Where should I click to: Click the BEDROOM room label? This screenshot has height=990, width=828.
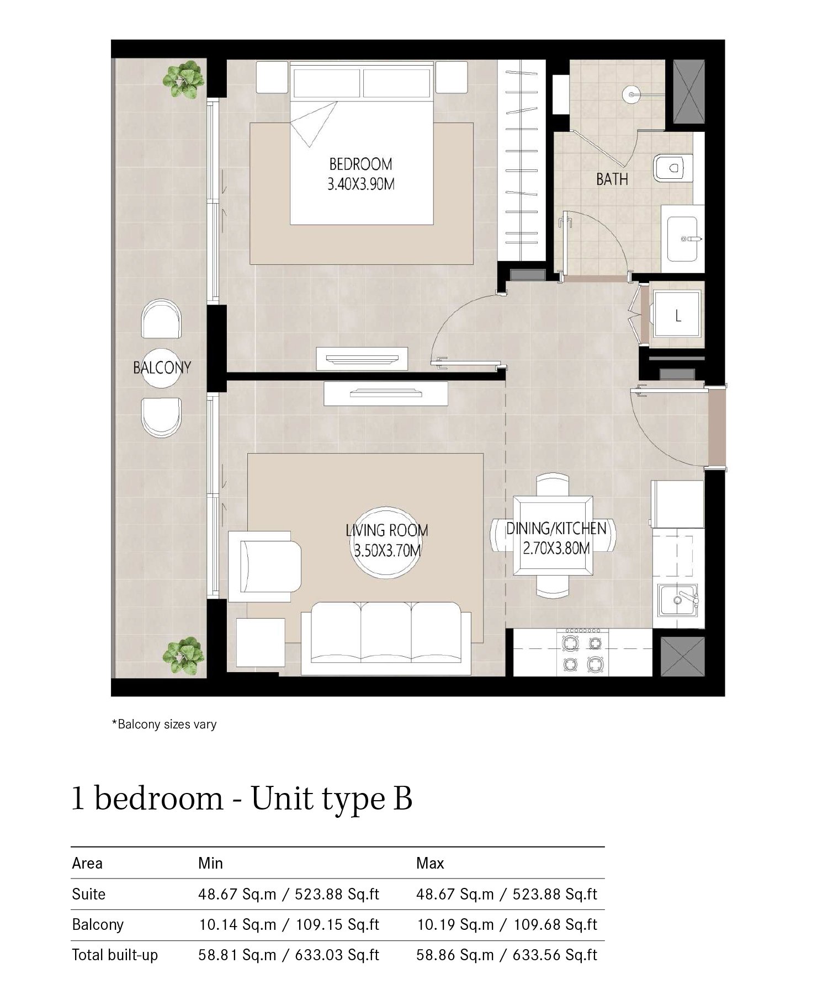360,164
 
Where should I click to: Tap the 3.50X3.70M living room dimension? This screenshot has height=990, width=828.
388,551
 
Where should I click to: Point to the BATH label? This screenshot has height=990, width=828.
612,179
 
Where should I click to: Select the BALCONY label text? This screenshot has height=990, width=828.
162,368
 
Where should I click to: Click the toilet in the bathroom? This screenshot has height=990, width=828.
672,167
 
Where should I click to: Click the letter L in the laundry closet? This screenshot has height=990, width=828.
678,317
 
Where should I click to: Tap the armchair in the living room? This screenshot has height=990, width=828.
265,566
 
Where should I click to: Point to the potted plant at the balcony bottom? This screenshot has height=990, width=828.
183,655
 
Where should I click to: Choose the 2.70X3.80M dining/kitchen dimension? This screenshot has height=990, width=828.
556,549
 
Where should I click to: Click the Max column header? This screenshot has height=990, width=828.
430,863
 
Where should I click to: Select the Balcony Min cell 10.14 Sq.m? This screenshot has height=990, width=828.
237,924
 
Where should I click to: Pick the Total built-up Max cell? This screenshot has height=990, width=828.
507,955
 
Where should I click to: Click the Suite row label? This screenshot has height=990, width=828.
88,894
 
